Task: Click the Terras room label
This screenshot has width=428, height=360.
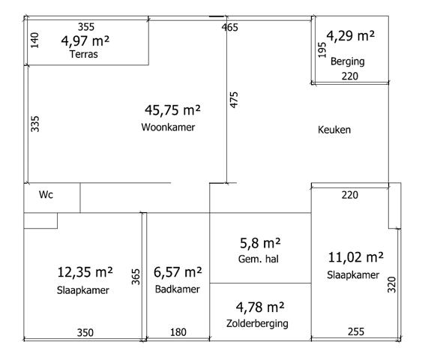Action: pos(83,54)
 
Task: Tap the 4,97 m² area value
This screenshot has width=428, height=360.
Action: pos(85,41)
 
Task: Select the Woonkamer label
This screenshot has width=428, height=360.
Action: pos(168,127)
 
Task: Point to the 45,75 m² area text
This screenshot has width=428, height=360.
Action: pos(172,110)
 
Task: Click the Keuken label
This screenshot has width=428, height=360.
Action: pos(334,130)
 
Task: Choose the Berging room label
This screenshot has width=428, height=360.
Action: pos(348,61)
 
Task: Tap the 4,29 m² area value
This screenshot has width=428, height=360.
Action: pos(351,36)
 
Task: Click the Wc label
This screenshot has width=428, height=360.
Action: pos(46,194)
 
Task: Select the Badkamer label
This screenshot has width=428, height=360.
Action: pos(178,289)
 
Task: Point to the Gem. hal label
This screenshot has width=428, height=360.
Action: pos(258,259)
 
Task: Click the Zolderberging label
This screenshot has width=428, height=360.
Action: pos(257,323)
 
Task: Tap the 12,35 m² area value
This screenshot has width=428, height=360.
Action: pos(85,272)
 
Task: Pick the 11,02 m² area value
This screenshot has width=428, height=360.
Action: pos(355,257)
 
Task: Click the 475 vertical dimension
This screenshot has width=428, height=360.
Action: pos(234,100)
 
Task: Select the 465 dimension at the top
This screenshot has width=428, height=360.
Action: pos(230,27)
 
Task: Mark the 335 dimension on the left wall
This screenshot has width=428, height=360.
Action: pos(35,124)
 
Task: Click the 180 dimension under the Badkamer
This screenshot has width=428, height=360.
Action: pos(178,332)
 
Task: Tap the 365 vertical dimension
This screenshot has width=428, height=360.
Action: pos(136,277)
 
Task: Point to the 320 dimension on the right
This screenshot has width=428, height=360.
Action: pos(392,284)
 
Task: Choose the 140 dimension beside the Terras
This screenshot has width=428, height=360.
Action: pos(34,40)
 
